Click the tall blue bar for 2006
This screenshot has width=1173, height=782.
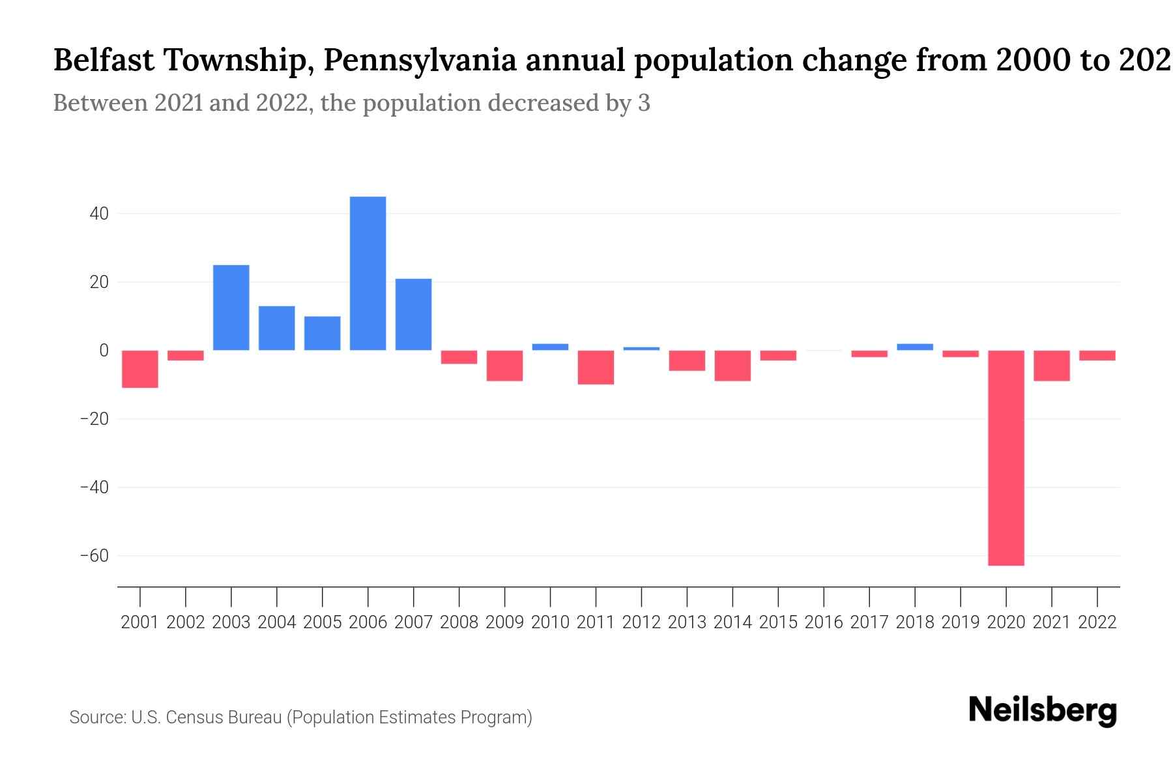(x=368, y=274)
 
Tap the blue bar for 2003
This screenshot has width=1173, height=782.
(x=231, y=308)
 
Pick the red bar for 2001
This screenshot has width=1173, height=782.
(x=140, y=369)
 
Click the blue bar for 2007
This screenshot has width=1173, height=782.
(x=413, y=314)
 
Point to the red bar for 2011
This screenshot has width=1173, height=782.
(x=596, y=368)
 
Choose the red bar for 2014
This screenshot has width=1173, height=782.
(x=732, y=366)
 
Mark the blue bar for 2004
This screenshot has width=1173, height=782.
(x=276, y=328)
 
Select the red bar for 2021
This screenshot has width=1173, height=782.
(x=1051, y=366)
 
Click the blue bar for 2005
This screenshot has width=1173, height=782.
(x=322, y=333)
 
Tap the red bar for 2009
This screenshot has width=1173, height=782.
(x=504, y=366)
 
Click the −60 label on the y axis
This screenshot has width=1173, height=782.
(x=94, y=556)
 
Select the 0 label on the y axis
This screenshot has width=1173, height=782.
(x=104, y=351)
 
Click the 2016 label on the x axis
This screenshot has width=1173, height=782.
(x=824, y=622)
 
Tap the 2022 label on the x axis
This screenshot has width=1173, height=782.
(x=1097, y=622)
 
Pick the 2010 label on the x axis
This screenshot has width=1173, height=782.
(x=550, y=622)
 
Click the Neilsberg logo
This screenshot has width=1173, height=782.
(x=1043, y=710)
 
